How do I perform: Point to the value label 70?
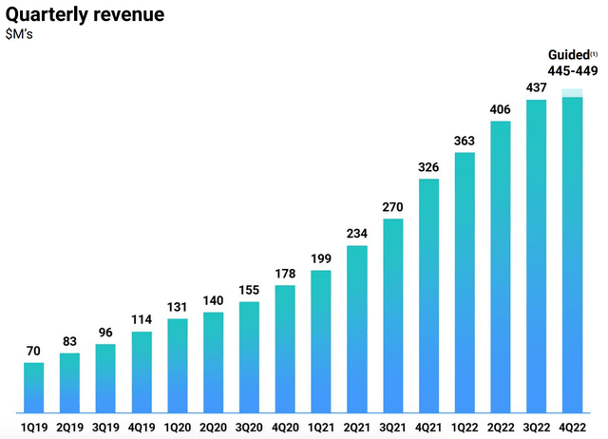[x=33, y=350]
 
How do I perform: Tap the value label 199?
[x=321, y=259]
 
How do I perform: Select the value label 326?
[x=429, y=167]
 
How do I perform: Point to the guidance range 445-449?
[x=571, y=71]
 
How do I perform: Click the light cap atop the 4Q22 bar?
[x=573, y=93]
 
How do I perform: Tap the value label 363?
[x=465, y=141]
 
